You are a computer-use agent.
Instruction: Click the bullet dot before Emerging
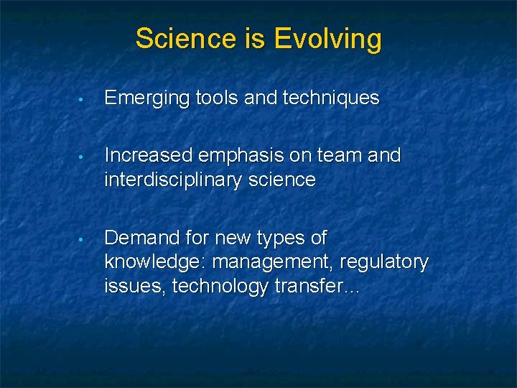pos(83,99)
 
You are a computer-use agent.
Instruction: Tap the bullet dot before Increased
pos(83,156)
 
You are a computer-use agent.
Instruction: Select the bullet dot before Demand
pos(83,239)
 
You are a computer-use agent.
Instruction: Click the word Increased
pos(149,155)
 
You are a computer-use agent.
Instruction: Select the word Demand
pos(140,238)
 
